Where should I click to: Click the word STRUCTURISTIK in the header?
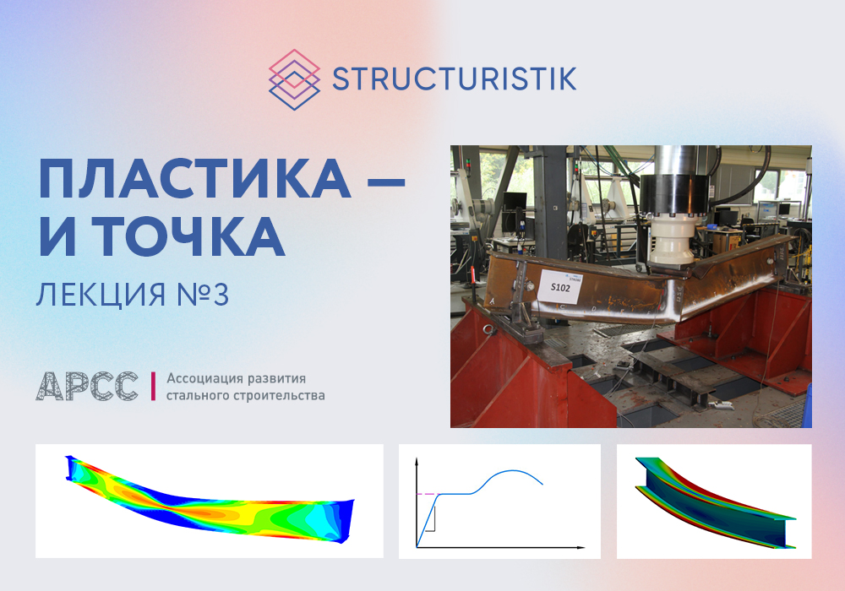(455, 79)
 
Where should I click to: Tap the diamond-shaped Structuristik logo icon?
(294, 79)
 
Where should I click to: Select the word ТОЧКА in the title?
(188, 237)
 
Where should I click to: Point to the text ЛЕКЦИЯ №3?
(133, 295)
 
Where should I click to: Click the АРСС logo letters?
(87, 386)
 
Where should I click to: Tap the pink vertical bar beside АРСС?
(153, 386)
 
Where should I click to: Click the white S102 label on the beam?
(560, 286)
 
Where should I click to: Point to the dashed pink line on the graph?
(428, 494)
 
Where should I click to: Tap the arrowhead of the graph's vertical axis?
(417, 461)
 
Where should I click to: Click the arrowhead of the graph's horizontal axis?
(581, 547)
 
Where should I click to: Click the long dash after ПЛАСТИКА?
(386, 182)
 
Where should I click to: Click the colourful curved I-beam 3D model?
(715, 502)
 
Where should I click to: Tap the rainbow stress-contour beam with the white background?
(210, 500)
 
